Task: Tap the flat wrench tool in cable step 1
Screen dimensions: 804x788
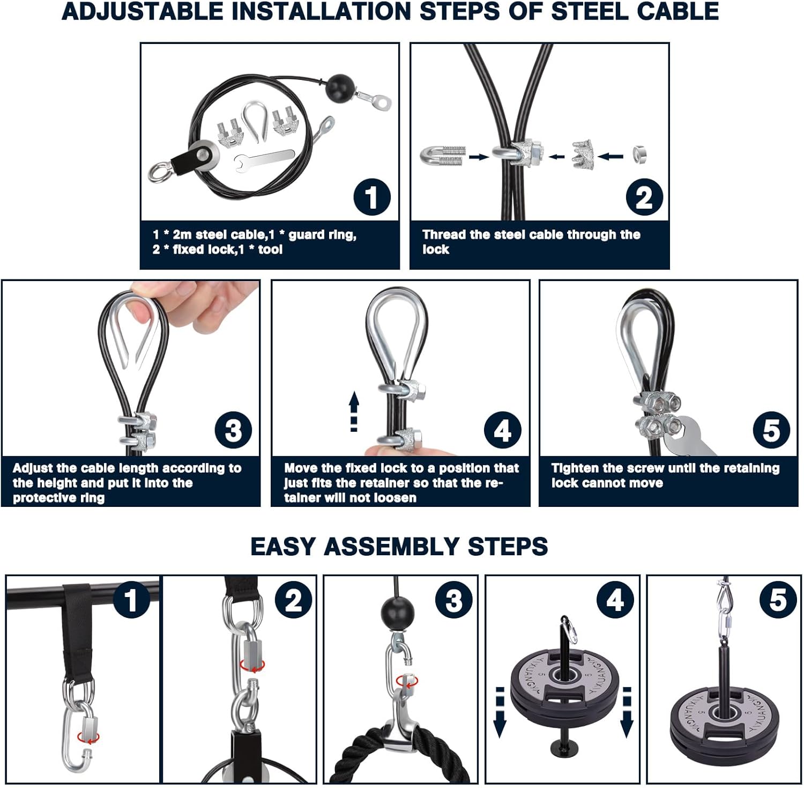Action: (x=264, y=158)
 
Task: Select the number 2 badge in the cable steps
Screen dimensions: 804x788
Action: (x=644, y=197)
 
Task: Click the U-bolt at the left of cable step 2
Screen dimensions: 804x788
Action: (x=443, y=156)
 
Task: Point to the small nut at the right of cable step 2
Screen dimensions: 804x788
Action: (x=639, y=154)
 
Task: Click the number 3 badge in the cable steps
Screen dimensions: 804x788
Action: (x=233, y=431)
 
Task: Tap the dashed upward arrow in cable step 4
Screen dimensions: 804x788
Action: (x=354, y=411)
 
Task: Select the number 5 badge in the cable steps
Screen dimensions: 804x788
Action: (x=771, y=430)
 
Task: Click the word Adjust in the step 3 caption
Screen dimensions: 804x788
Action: (x=33, y=468)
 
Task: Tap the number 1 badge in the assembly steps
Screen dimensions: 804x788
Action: (x=131, y=600)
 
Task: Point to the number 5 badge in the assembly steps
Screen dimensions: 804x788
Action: (x=778, y=600)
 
